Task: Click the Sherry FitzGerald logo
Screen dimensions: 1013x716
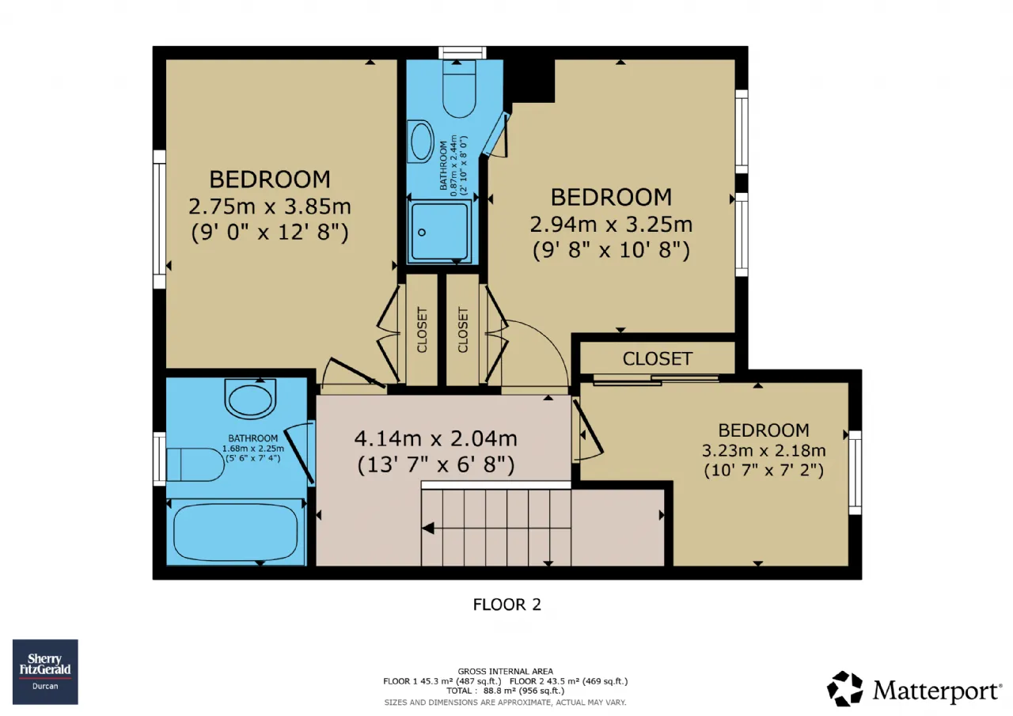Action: (45, 672)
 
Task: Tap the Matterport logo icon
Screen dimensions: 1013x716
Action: (844, 689)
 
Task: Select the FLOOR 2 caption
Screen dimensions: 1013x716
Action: (507, 604)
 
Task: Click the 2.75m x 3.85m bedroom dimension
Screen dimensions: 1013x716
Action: (270, 206)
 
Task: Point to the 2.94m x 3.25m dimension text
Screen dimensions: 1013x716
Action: (611, 224)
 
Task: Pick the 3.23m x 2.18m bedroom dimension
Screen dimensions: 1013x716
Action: (764, 451)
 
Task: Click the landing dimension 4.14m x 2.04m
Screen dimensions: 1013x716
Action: (436, 438)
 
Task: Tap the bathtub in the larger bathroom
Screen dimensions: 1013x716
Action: (236, 532)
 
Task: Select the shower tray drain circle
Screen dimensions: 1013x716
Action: (422, 233)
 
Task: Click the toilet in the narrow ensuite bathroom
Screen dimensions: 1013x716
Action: (459, 88)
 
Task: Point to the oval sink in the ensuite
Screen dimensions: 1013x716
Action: (420, 142)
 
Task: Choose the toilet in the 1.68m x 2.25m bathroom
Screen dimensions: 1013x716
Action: (195, 464)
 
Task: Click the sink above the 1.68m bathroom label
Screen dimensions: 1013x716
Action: (251, 398)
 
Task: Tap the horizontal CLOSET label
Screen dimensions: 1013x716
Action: (657, 359)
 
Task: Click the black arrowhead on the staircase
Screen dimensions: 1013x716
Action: (428, 528)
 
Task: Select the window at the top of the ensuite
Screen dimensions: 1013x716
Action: (463, 53)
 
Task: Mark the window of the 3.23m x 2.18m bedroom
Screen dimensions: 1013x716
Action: (856, 472)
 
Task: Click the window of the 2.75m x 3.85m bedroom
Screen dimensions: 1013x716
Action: (159, 219)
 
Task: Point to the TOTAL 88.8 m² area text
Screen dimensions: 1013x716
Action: (506, 691)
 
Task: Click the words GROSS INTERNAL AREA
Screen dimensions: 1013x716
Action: (505, 672)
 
